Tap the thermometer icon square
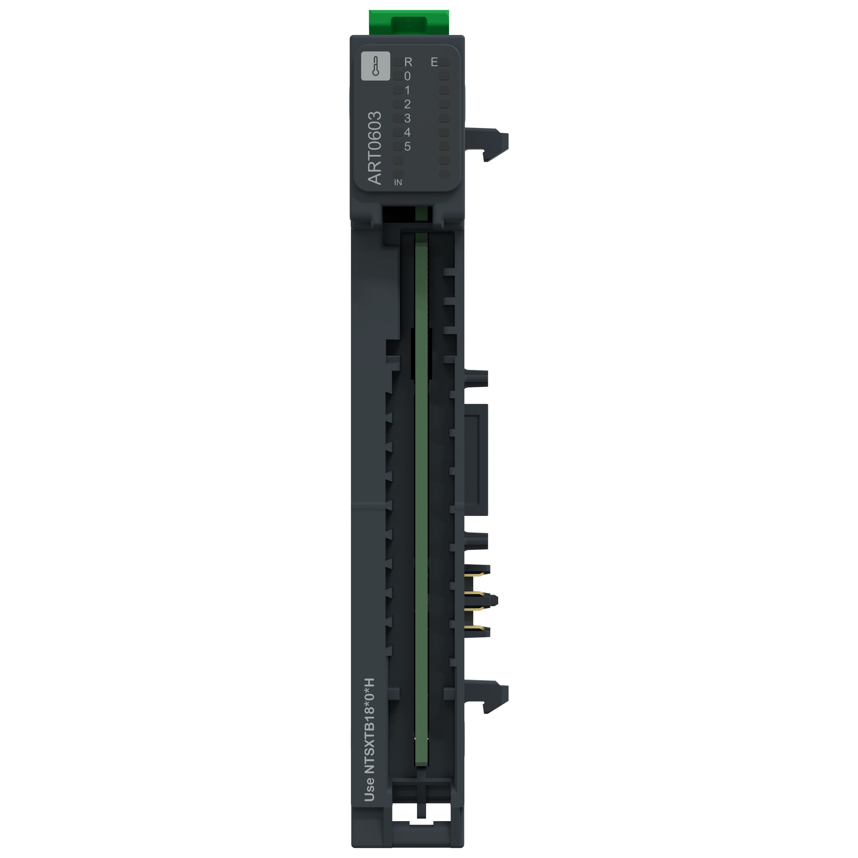point(376,66)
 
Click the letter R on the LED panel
point(408,62)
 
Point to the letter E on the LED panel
point(434,62)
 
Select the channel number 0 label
point(407,76)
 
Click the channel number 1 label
point(407,90)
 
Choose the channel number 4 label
point(407,132)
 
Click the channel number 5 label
point(407,146)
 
